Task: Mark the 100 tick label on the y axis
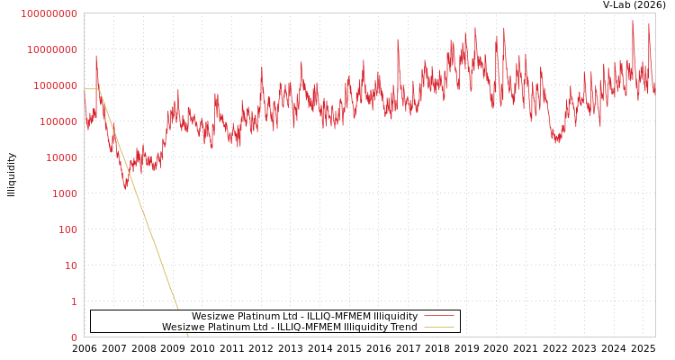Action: point(68,229)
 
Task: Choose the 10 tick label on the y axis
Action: point(71,265)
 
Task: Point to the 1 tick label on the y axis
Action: point(74,301)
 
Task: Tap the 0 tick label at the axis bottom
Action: point(74,337)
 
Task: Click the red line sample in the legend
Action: point(438,316)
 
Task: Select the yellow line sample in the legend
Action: point(438,327)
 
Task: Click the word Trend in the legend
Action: point(403,327)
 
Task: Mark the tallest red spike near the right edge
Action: point(632,22)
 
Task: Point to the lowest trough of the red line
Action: point(125,187)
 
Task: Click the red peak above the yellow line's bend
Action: point(96,57)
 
